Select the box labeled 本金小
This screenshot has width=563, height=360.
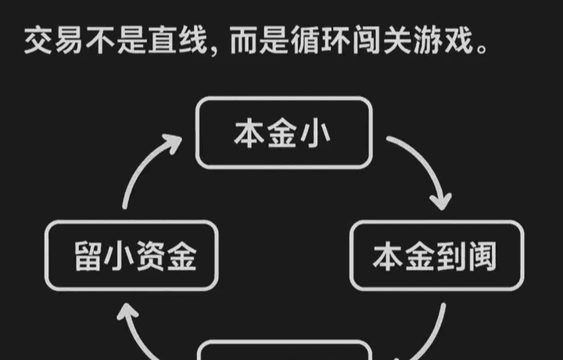[282, 132]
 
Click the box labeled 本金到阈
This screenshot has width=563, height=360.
[435, 256]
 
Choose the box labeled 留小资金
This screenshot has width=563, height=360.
[131, 256]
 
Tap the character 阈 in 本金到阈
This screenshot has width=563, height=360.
[482, 256]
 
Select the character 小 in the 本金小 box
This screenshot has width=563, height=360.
[315, 133]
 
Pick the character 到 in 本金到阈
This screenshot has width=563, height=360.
[451, 256]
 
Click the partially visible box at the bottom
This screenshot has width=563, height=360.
[282, 351]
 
